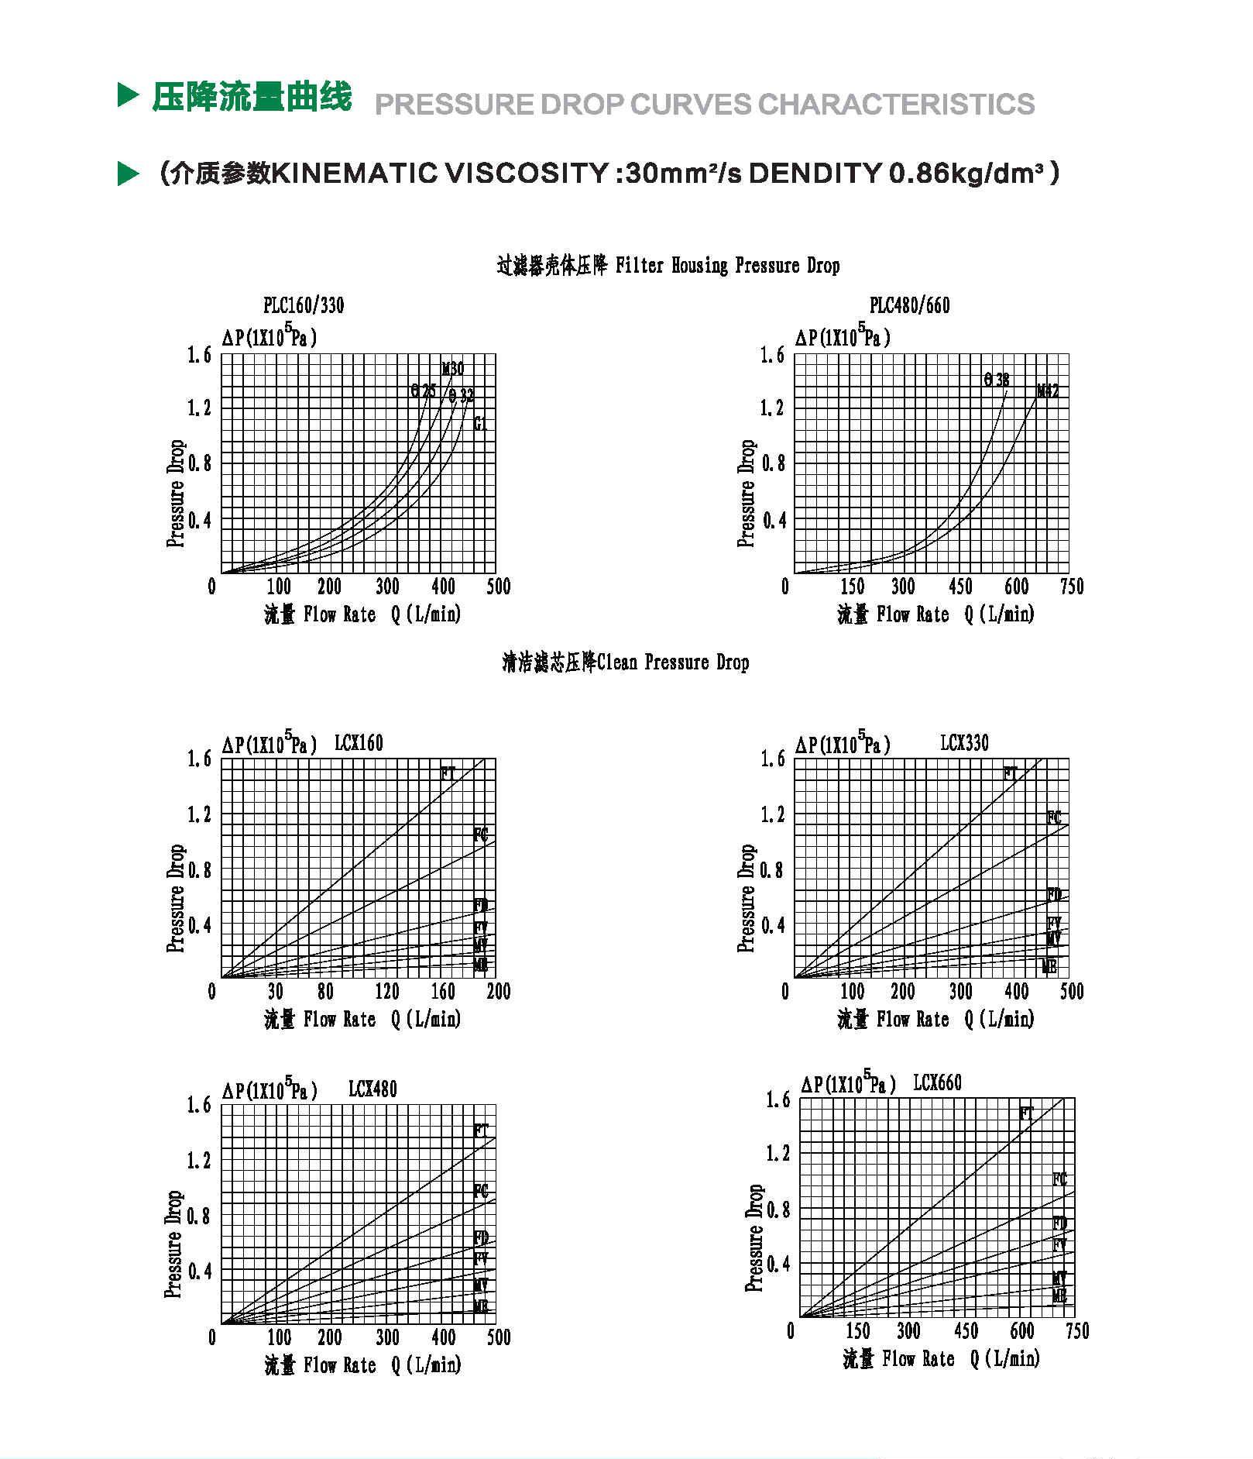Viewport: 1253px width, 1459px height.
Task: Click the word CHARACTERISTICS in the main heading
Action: (896, 105)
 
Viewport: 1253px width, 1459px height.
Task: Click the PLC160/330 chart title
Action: (304, 305)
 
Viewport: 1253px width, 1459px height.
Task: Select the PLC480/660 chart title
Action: (909, 305)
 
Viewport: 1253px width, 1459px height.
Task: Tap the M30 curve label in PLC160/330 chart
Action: (453, 369)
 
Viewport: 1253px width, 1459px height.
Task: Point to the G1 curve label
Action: (481, 424)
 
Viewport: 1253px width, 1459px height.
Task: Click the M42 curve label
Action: (1048, 391)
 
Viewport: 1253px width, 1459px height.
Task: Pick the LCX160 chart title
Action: (359, 743)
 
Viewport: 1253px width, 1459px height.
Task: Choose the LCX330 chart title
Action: (964, 743)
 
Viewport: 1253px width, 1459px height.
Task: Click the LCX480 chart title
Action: (372, 1089)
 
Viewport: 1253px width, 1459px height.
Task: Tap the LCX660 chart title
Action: (937, 1082)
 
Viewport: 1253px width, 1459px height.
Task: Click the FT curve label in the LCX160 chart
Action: (448, 773)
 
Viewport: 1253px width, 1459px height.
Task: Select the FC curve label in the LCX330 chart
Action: (1054, 817)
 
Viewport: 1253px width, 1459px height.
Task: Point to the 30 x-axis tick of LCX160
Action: (276, 991)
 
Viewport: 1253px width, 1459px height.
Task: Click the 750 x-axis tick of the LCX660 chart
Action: (1077, 1331)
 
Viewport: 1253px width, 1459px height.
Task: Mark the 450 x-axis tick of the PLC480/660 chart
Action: (960, 587)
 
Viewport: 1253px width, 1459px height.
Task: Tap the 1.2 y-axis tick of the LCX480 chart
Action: (199, 1161)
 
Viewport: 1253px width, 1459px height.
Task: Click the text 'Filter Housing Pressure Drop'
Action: (727, 266)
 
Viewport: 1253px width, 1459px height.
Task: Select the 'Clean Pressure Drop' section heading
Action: (672, 662)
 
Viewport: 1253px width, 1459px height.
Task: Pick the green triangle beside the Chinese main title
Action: (128, 95)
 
